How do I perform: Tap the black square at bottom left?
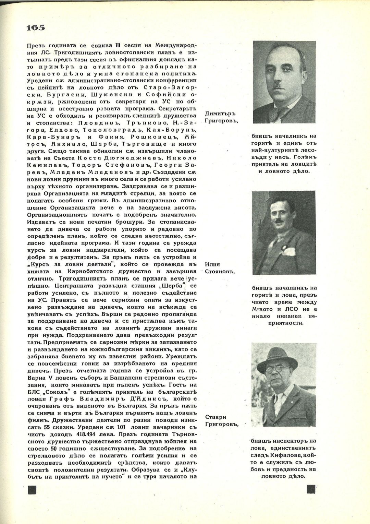point(32,489)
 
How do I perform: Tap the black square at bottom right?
point(311,489)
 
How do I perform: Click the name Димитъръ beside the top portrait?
point(220,114)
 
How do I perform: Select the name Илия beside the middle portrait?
point(212,264)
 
